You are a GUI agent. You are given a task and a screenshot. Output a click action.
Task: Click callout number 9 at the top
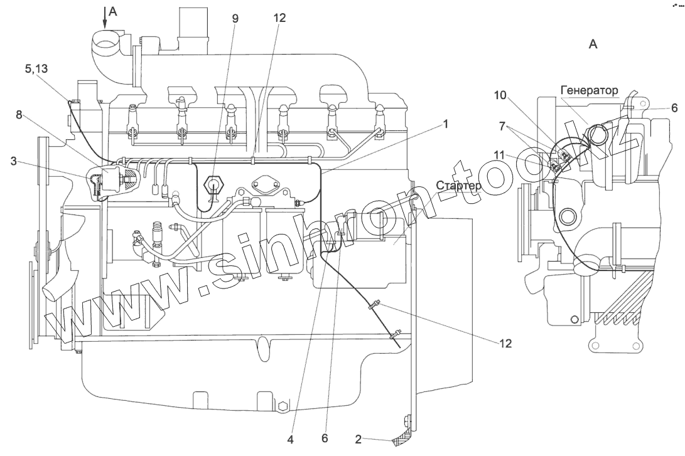(235, 18)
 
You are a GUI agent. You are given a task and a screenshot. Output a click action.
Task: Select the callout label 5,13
(36, 70)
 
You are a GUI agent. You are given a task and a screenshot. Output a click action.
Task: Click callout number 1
(445, 124)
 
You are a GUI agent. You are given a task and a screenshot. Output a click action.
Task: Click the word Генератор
(590, 90)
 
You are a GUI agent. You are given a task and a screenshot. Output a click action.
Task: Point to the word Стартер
(460, 186)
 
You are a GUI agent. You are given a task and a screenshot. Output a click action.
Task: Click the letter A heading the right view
(593, 44)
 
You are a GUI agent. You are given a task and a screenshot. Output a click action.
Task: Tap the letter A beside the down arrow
(112, 10)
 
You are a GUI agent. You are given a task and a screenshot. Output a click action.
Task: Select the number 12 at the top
(279, 18)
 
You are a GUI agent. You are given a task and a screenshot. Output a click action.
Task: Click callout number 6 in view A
(674, 108)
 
